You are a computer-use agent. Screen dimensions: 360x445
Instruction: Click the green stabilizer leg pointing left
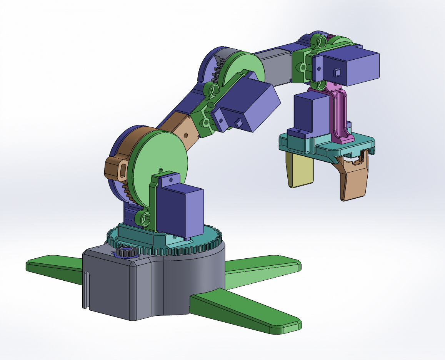[x=54, y=268]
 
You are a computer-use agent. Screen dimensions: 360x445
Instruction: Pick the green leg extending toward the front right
[x=246, y=312]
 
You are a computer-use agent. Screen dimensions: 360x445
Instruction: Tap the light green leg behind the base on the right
[x=262, y=270]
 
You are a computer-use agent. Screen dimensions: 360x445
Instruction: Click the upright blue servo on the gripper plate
[x=310, y=114]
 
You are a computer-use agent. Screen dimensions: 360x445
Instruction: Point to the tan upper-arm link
[x=181, y=131]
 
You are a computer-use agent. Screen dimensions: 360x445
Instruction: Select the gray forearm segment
[x=275, y=67]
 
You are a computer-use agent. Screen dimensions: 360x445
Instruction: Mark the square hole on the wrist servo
[x=337, y=72]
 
